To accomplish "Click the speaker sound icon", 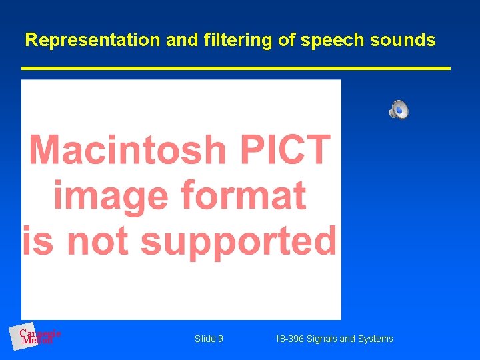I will pos(399,109).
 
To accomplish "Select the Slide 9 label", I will pos(209,339).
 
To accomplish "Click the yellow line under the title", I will pos(236,68).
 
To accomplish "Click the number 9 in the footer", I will pos(220,339).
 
